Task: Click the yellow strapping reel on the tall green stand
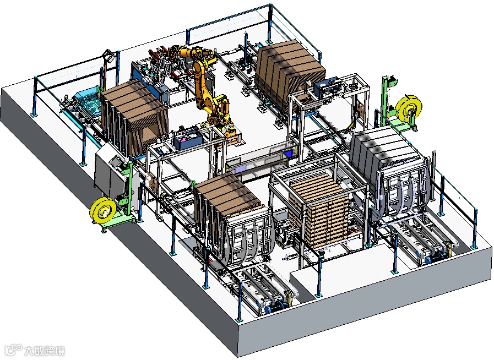pyautogui.click(x=410, y=108)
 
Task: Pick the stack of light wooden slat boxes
pyautogui.click(x=319, y=211)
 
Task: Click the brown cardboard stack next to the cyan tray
pyautogui.click(x=134, y=117)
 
